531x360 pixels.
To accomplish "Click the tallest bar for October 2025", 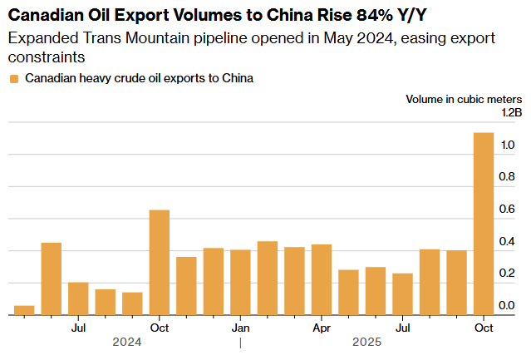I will tap(484, 224).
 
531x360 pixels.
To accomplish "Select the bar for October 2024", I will tap(160, 262).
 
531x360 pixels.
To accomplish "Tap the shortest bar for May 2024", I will tap(25, 310).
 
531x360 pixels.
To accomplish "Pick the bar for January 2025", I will tap(240, 282).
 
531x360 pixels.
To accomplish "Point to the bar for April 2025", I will tap(322, 279).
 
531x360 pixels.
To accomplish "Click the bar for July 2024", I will tap(78, 298).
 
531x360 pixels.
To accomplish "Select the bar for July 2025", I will tap(402, 293).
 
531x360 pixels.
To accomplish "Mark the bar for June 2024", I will tap(52, 279).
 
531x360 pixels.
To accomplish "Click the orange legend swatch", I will tap(13, 79).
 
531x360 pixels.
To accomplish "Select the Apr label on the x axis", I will tap(322, 328).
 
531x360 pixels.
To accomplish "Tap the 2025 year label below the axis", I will tap(366, 342).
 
